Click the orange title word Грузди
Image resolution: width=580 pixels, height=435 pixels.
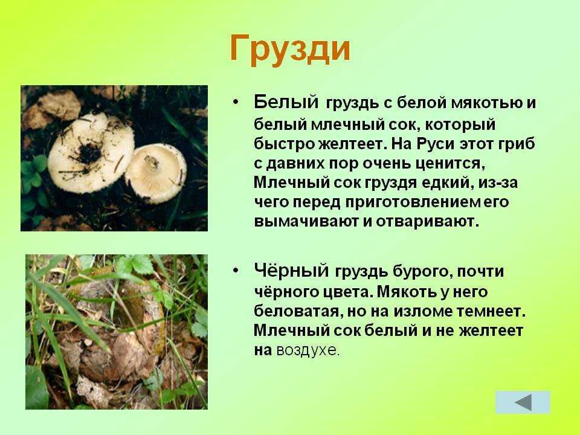289,49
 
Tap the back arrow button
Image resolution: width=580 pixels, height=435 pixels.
523,402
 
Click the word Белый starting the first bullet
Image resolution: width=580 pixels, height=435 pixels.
286,101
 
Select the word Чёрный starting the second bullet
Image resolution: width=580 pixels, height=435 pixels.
291,271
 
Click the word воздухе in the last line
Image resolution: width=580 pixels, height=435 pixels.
308,350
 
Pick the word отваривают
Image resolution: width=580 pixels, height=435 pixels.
428,221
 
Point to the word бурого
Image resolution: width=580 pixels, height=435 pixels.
421,272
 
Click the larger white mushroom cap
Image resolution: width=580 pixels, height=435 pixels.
91,152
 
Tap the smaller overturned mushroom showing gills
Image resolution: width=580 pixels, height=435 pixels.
156,173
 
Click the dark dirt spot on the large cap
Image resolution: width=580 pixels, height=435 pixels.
88,152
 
